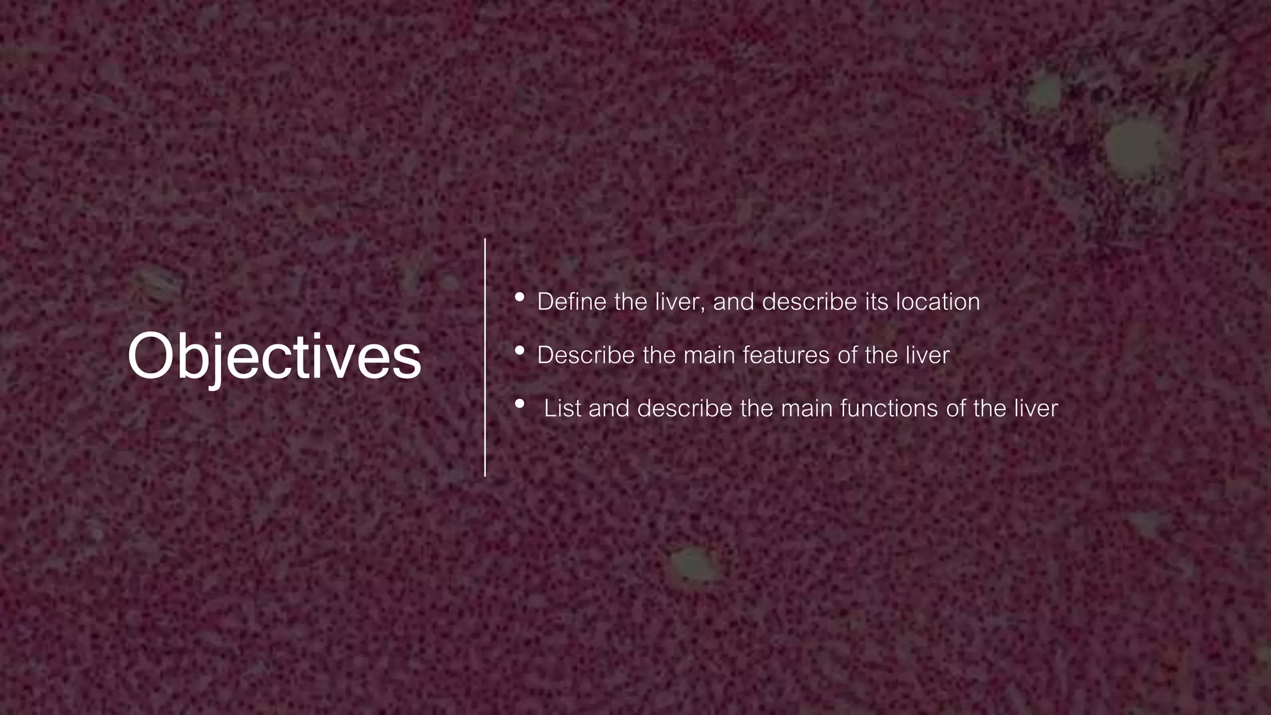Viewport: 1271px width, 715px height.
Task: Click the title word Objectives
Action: (x=274, y=357)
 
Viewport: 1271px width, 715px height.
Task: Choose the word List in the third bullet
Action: (x=562, y=408)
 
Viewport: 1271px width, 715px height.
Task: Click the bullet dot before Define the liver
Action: (x=520, y=297)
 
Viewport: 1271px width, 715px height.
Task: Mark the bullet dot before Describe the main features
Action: (x=520, y=351)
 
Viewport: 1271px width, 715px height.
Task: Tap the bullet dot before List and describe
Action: (x=520, y=404)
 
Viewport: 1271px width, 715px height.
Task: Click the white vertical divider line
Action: (x=485, y=357)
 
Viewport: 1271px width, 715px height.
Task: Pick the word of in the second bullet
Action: (x=847, y=355)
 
